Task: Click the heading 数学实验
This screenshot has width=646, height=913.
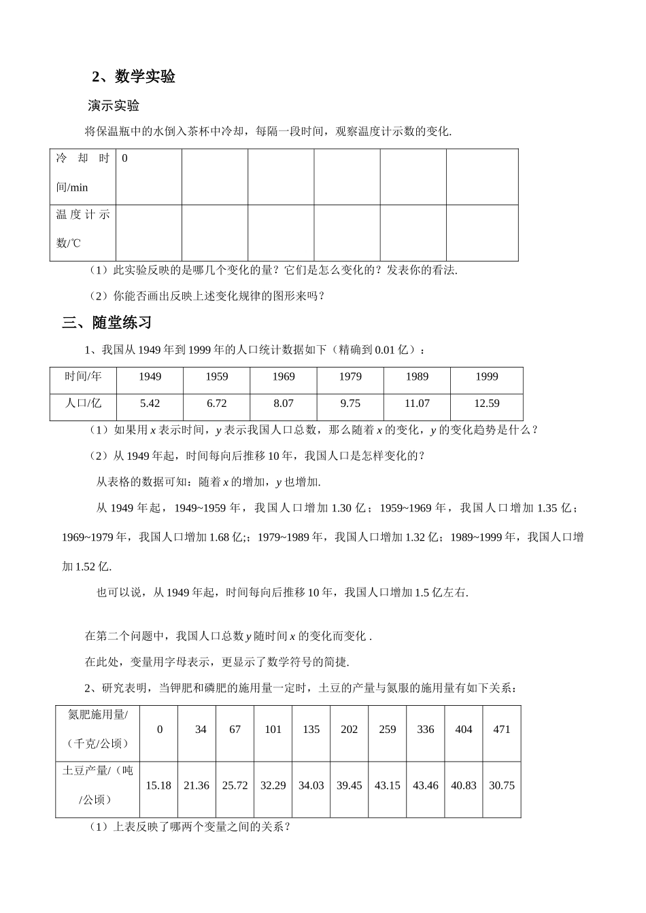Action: coord(145,77)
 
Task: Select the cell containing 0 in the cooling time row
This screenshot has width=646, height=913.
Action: coord(124,159)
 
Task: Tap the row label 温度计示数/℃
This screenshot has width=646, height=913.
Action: coord(82,228)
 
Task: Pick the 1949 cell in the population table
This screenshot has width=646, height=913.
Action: coord(150,377)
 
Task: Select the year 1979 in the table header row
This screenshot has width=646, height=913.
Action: coord(350,377)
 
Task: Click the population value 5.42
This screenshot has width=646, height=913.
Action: coord(150,404)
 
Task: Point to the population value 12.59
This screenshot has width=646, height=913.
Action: coord(486,404)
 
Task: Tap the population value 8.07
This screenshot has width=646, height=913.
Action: coord(284,404)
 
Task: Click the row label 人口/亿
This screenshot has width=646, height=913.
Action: coord(83,404)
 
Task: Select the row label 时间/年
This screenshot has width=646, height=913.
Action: coord(83,377)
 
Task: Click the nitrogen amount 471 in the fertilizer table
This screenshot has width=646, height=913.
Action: coord(502,730)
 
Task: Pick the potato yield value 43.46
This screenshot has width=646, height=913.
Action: coord(426,785)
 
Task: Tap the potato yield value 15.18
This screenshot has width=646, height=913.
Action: coord(158,785)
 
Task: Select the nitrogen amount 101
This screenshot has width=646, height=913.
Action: coord(273,730)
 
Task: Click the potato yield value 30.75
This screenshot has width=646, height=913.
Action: coord(502,785)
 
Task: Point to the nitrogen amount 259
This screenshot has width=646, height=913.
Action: coord(388,730)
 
